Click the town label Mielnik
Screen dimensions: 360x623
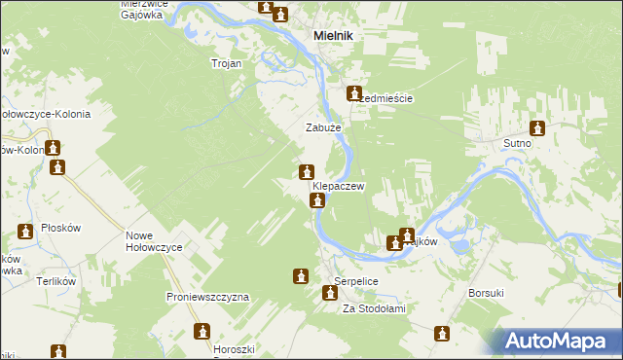pyautogui.click(x=333, y=35)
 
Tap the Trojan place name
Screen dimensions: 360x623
pyautogui.click(x=227, y=63)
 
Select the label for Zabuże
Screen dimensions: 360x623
pyautogui.click(x=323, y=127)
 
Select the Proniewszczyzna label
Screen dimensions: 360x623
pyautogui.click(x=208, y=296)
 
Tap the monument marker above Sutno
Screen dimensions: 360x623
pyautogui.click(x=537, y=127)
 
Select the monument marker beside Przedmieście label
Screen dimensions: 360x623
pyautogui.click(x=355, y=93)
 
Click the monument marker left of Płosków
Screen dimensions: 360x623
pyautogui.click(x=24, y=232)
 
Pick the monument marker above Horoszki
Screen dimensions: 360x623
pyautogui.click(x=202, y=332)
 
